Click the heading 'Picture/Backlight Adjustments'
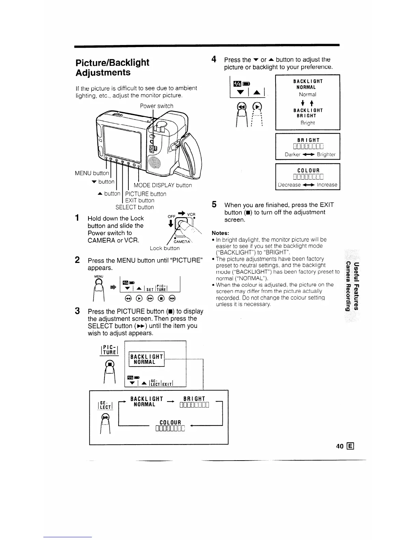click(112, 67)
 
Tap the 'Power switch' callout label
click(156, 106)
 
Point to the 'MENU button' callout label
click(92, 173)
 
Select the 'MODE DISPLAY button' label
click(163, 185)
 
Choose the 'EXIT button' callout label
click(140, 200)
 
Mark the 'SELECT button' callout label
click(135, 207)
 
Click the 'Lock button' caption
click(165, 248)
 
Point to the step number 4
click(214, 59)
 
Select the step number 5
click(214, 205)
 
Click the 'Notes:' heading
click(220, 233)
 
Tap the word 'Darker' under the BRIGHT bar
click(293, 154)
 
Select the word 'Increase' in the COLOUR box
click(327, 185)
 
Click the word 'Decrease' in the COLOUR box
click(289, 185)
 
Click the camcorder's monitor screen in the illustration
click(122, 140)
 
